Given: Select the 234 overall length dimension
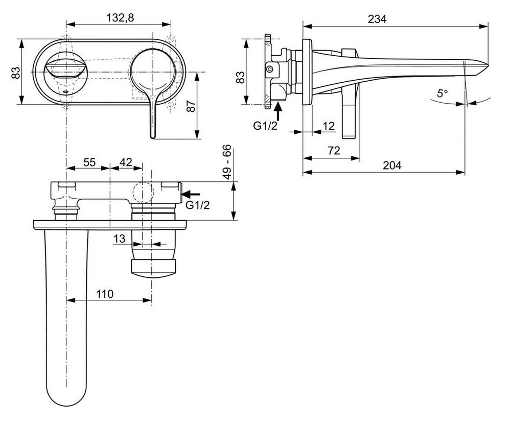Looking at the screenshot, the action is click(x=377, y=19).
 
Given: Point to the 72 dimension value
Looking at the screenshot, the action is click(x=334, y=150).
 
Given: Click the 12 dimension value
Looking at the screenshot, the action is click(x=329, y=126).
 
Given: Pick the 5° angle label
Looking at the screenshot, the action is click(x=442, y=94).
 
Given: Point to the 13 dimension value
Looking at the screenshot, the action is click(x=119, y=239).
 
